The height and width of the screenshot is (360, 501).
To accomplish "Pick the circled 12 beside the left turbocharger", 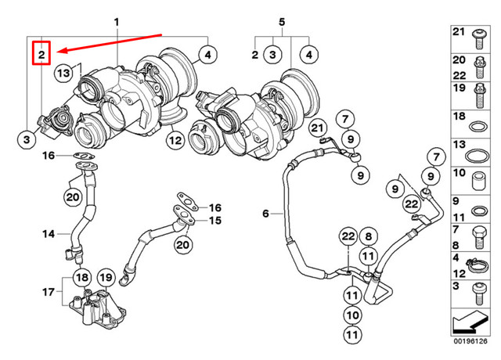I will click(x=174, y=140).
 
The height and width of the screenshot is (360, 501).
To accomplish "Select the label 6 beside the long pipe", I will click(x=265, y=214).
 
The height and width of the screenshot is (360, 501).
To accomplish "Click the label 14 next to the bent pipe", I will click(x=49, y=233).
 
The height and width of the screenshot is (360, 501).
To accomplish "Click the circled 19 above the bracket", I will click(x=106, y=278).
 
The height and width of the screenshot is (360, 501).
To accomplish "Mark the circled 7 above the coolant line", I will click(x=342, y=119).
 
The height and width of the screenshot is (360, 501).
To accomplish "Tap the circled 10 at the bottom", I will click(x=352, y=315).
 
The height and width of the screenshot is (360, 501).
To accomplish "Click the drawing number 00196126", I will click(x=471, y=341).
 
